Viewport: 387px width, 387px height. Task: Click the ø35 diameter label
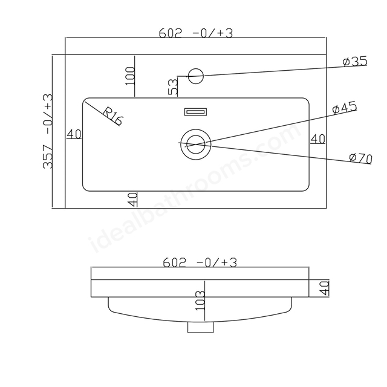coord(355,62)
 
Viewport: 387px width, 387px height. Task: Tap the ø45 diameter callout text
coord(345,108)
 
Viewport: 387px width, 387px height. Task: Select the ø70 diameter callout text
coord(360,158)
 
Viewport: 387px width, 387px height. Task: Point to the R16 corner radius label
coord(112,116)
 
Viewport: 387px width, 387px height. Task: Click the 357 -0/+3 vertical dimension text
coord(48,131)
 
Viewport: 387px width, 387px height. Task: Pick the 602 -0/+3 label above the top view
coord(195,33)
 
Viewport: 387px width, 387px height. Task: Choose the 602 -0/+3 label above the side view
coord(200,262)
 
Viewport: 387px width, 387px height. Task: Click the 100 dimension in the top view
coord(130,76)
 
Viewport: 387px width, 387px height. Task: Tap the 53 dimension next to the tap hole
coord(173,86)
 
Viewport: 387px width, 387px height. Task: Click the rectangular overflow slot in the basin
coord(195,112)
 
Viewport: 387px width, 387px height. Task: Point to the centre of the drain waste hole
coord(196,145)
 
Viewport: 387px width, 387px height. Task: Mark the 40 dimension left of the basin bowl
coord(74,134)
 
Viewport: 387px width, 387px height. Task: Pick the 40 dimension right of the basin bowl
coord(317,139)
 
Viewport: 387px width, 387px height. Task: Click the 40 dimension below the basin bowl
coord(132,200)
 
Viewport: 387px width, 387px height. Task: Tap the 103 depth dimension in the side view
coord(200,301)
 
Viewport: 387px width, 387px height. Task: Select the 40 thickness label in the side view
coord(324,288)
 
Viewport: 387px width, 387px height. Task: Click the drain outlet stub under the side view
coord(200,327)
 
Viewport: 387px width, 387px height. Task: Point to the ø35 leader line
coord(285,71)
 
